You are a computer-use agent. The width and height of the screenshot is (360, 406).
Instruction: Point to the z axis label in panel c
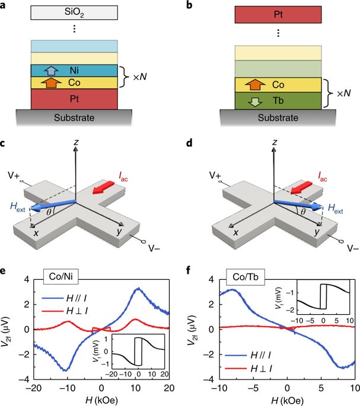pos(77,143)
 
